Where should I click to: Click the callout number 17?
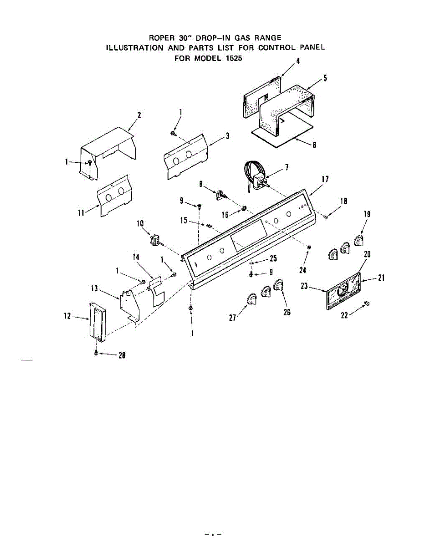[x=325, y=179]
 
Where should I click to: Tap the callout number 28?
[x=122, y=356]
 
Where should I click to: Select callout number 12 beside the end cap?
[x=67, y=316]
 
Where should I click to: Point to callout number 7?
[x=287, y=167]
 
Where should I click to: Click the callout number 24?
[x=302, y=270]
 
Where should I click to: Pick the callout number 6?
[x=314, y=145]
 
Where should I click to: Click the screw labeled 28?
[x=96, y=353]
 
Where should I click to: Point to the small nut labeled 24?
[x=309, y=247]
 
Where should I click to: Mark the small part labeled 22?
[x=367, y=303]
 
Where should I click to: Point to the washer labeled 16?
[x=244, y=209]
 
